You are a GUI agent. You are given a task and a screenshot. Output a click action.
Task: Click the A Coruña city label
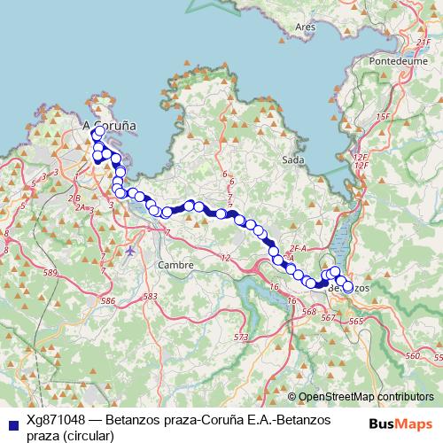click(109, 127)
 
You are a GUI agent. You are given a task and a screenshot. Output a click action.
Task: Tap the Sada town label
click(291, 159)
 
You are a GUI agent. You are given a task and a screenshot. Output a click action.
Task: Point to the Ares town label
click(307, 27)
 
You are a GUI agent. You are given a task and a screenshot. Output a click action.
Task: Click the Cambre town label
click(174, 265)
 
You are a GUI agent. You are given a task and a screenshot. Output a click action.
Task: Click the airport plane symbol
click(131, 250)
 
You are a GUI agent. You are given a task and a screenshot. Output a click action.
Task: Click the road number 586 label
click(108, 302)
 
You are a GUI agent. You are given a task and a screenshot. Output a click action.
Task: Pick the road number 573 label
click(241, 338)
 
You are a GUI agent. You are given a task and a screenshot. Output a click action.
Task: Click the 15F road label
click(382, 117)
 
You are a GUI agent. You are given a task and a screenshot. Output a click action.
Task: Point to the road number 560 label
click(410, 355)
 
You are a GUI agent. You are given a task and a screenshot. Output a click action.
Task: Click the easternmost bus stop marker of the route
click(347, 286)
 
